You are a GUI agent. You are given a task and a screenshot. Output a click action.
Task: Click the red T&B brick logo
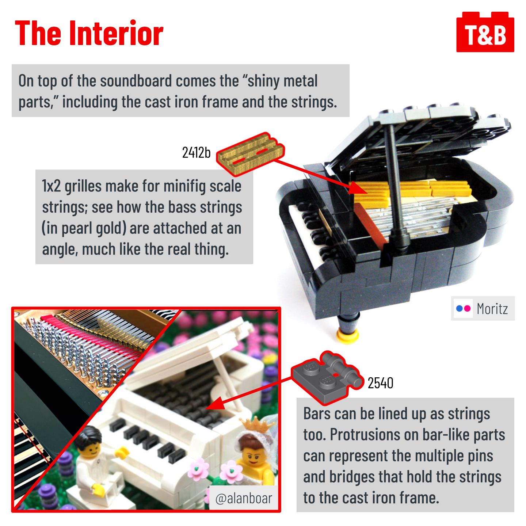pos(485,32)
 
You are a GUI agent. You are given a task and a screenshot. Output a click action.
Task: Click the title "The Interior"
pos(89,33)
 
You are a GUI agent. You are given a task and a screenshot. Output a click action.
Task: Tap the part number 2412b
pos(196,153)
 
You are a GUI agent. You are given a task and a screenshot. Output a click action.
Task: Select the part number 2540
pos(380,383)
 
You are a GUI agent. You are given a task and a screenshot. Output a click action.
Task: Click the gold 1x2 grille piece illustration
pos(251,153)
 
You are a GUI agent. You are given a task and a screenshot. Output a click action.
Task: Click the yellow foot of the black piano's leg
pos(348,335)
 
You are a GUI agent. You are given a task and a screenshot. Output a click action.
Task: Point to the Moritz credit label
pos(483,308)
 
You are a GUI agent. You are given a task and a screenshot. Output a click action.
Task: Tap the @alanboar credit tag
pos(244,499)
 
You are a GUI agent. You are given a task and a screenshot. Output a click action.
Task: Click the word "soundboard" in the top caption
pos(136,81)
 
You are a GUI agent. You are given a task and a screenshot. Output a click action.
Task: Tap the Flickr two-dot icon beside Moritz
pos(463,308)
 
